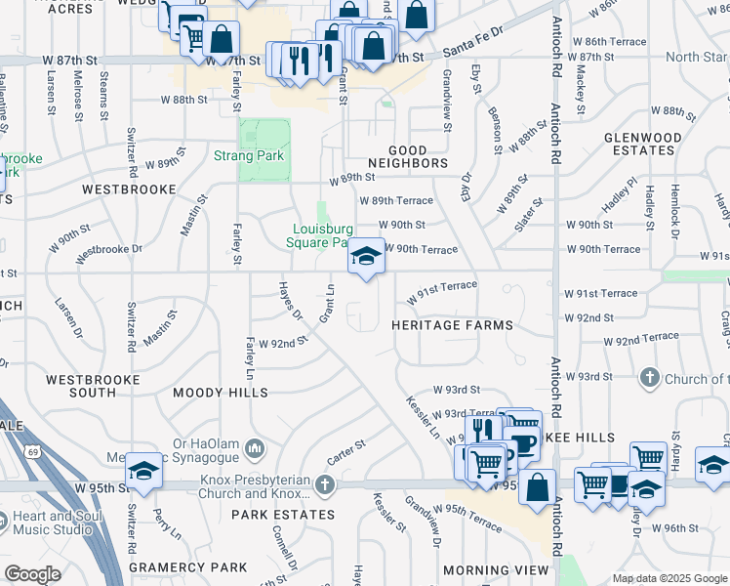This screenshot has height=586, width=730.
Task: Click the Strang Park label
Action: point(248,155)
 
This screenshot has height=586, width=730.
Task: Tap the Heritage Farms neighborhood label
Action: point(452,324)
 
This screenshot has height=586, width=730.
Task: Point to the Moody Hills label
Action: point(220,393)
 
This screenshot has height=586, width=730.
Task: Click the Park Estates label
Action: point(283,514)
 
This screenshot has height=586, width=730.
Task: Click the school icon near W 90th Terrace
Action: point(366,257)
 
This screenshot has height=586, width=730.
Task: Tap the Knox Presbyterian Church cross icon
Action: point(325,484)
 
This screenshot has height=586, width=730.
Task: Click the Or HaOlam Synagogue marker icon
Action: point(254,448)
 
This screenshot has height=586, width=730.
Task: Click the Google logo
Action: point(32,574)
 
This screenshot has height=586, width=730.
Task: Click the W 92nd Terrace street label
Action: point(640,339)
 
